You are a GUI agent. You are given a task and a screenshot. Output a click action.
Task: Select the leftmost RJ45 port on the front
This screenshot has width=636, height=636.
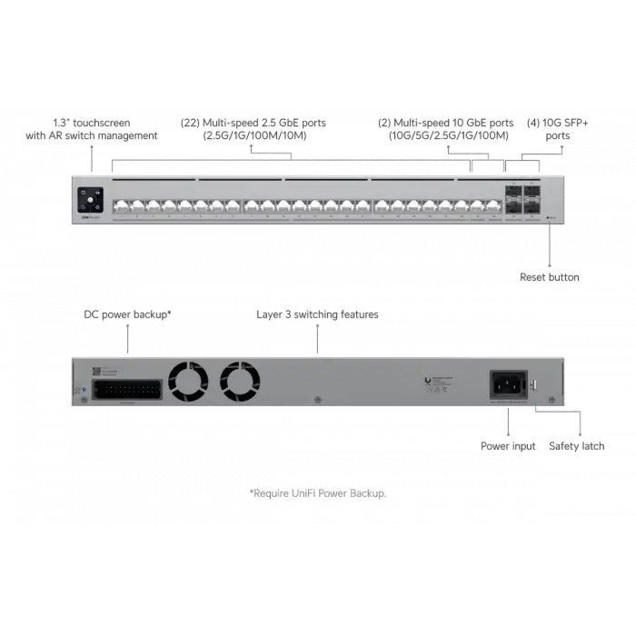118,205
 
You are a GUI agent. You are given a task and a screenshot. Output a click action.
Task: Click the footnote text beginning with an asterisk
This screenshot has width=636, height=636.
319,495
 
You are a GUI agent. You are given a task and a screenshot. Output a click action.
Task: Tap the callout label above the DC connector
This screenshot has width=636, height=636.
127,314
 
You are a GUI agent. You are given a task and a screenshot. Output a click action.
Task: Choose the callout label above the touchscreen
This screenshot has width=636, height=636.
91,130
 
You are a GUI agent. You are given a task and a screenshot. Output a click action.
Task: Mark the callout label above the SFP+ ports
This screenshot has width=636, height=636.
544,130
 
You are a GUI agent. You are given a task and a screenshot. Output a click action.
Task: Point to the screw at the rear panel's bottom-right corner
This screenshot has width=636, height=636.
555,399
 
